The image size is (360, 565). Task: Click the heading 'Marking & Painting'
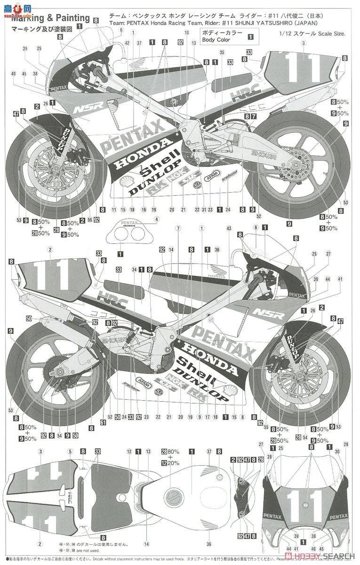tap(50, 18)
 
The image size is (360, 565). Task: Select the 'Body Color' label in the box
tap(217, 40)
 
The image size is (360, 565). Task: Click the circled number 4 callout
tap(157, 219)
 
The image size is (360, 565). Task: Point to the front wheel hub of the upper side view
tap(44, 166)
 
